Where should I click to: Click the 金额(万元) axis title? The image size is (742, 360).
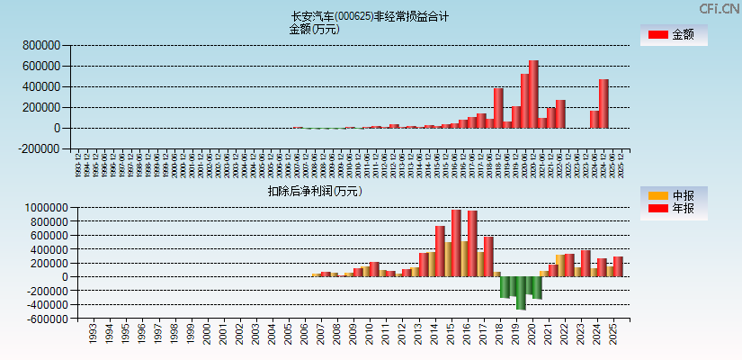(x=314, y=29)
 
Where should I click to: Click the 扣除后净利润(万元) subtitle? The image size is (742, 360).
(x=314, y=191)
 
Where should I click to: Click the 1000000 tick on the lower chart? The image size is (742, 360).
(x=37, y=207)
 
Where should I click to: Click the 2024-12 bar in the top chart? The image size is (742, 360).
(x=603, y=103)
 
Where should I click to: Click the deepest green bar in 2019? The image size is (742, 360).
(x=521, y=292)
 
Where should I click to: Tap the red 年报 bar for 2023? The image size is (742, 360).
(x=586, y=263)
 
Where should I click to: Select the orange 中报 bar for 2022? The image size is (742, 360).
(x=560, y=265)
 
